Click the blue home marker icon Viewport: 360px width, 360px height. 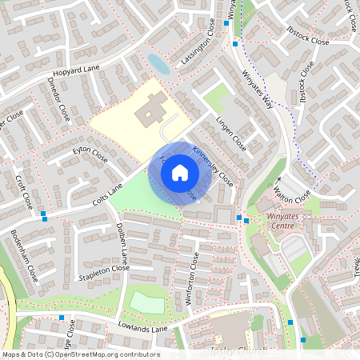pyautogui.click(x=180, y=172)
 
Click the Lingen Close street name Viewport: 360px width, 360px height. pyautogui.click(x=230, y=134)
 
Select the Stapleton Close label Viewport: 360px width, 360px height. pyautogui.click(x=105, y=272)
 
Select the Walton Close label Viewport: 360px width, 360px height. pyautogui.click(x=291, y=192)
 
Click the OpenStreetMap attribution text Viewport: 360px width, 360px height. pyautogui.click(x=81, y=354)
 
